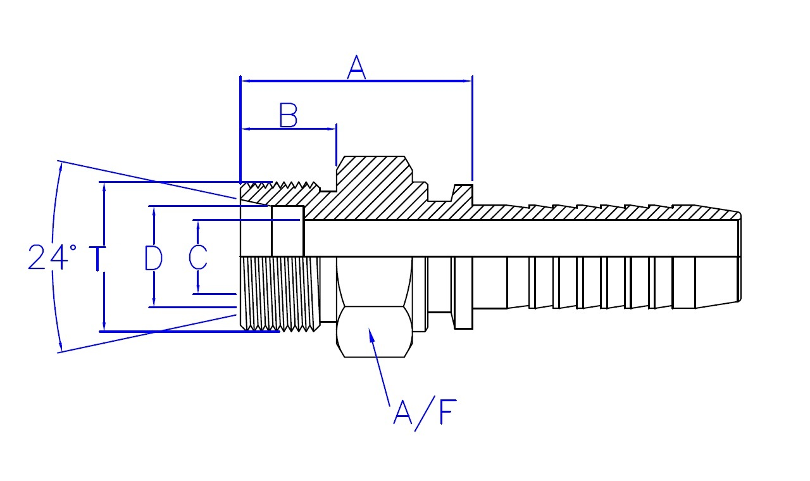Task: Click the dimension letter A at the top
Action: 356,67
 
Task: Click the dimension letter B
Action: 289,115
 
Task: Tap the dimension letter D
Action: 153,258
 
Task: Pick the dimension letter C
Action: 198,258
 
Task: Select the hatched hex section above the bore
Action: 373,187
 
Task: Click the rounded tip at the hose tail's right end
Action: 738,258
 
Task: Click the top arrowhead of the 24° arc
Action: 61,166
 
